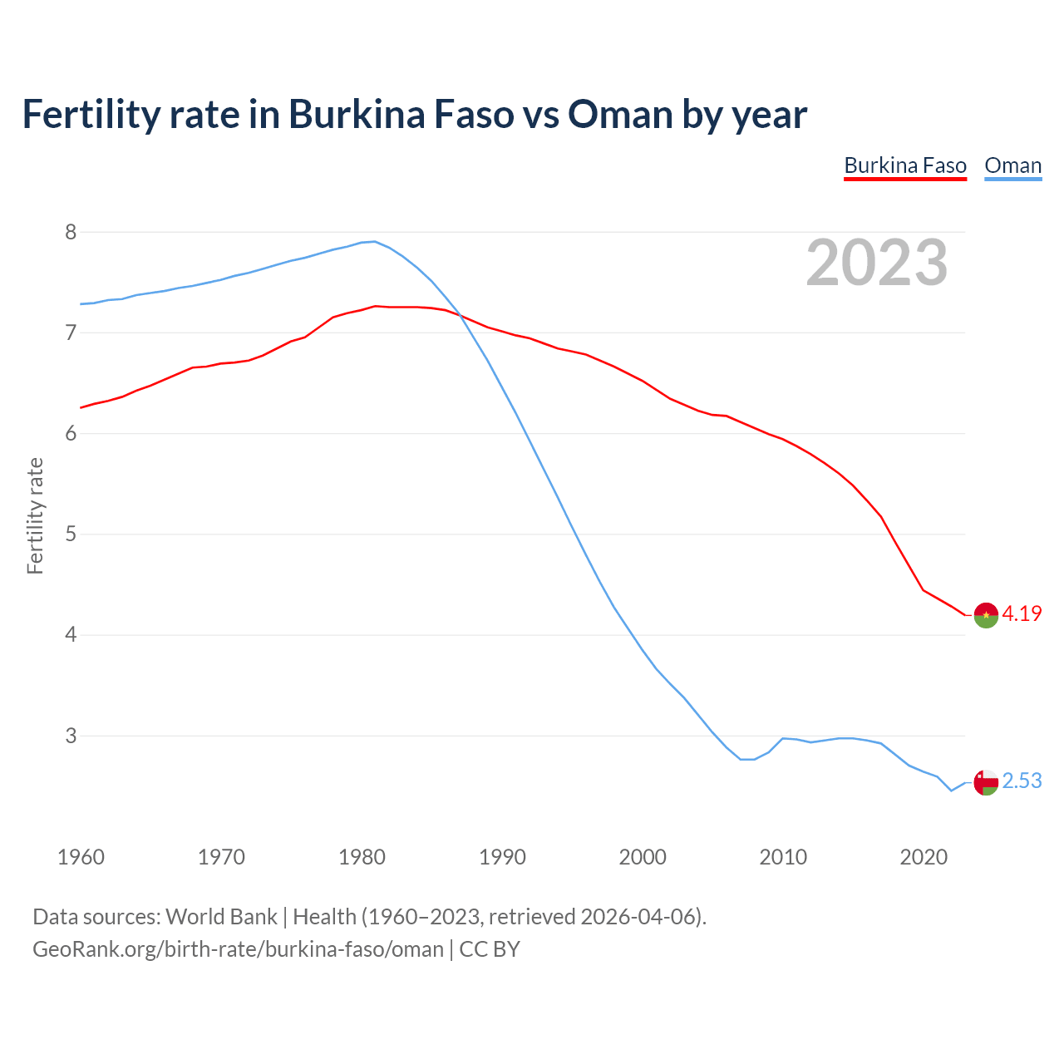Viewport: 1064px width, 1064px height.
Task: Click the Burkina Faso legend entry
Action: click(x=905, y=165)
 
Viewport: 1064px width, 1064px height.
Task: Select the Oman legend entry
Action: click(x=1012, y=165)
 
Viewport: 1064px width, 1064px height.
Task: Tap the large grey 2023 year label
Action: click(x=877, y=263)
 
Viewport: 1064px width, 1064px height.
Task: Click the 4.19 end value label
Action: click(x=1022, y=613)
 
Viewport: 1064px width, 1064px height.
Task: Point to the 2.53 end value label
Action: click(x=1022, y=781)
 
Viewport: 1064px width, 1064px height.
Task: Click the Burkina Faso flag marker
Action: click(x=986, y=615)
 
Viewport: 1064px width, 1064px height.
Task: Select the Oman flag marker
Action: click(x=986, y=782)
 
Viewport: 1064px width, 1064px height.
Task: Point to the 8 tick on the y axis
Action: click(x=71, y=232)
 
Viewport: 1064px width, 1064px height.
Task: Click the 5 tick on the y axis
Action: click(x=71, y=534)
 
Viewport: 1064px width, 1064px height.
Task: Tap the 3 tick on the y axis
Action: click(x=71, y=736)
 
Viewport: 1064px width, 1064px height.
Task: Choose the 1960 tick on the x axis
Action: click(x=81, y=857)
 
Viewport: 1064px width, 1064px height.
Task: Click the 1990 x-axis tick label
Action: click(x=502, y=857)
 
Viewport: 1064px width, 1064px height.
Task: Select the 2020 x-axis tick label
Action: click(x=924, y=857)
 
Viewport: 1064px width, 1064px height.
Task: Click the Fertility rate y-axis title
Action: click(x=35, y=515)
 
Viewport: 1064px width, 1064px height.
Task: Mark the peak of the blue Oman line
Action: click(x=374, y=241)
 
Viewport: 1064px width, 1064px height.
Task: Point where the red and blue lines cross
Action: click(x=460, y=314)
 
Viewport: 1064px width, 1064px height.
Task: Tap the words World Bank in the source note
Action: click(x=221, y=917)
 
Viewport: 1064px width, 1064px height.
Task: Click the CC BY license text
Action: click(x=490, y=949)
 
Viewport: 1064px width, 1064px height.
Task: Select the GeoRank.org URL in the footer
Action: click(x=238, y=949)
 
